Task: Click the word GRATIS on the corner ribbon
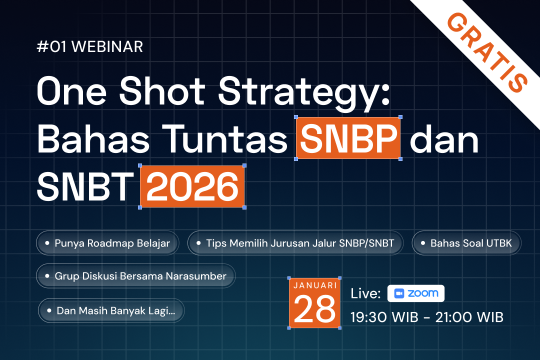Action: [x=487, y=51]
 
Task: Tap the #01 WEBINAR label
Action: [x=90, y=47]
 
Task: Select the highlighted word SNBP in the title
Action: [x=348, y=138]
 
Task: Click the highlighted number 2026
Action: [x=192, y=186]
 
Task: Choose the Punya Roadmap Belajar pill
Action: [x=107, y=243]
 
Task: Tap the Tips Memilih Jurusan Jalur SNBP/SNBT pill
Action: [x=295, y=243]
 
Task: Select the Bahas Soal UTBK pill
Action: [x=466, y=243]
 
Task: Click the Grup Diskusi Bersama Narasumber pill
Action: [x=135, y=276]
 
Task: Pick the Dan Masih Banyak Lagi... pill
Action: [x=111, y=310]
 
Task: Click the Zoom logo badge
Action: [x=415, y=293]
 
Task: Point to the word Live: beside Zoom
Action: [x=366, y=293]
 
